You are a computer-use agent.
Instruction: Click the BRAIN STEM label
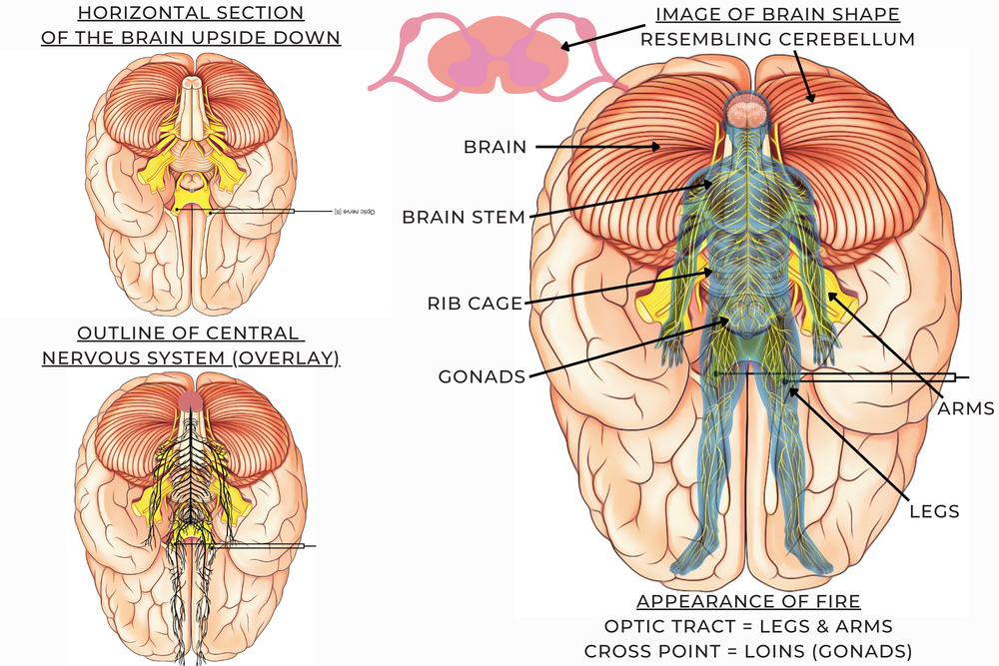pos(464,218)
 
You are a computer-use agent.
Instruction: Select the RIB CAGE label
pos(476,304)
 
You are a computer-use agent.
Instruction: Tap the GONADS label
pos(482,377)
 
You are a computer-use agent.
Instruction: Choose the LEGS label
pos(934,511)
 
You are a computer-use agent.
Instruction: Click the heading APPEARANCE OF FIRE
pos(748,602)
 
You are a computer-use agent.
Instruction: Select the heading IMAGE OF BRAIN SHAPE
pos(777,15)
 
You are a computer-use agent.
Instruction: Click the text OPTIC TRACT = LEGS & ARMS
pos(749,627)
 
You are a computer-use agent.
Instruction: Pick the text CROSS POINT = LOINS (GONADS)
pos(749,651)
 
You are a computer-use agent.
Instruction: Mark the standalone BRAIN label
pos(495,147)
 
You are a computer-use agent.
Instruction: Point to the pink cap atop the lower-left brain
pos(192,402)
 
